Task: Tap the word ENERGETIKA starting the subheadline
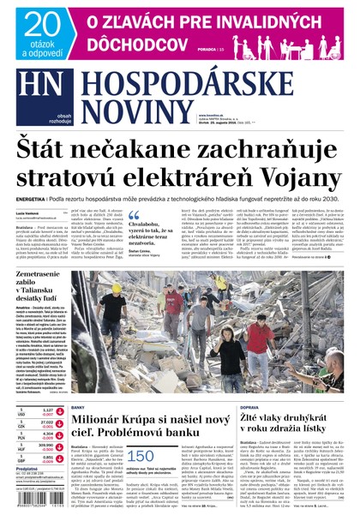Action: click(33, 198)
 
